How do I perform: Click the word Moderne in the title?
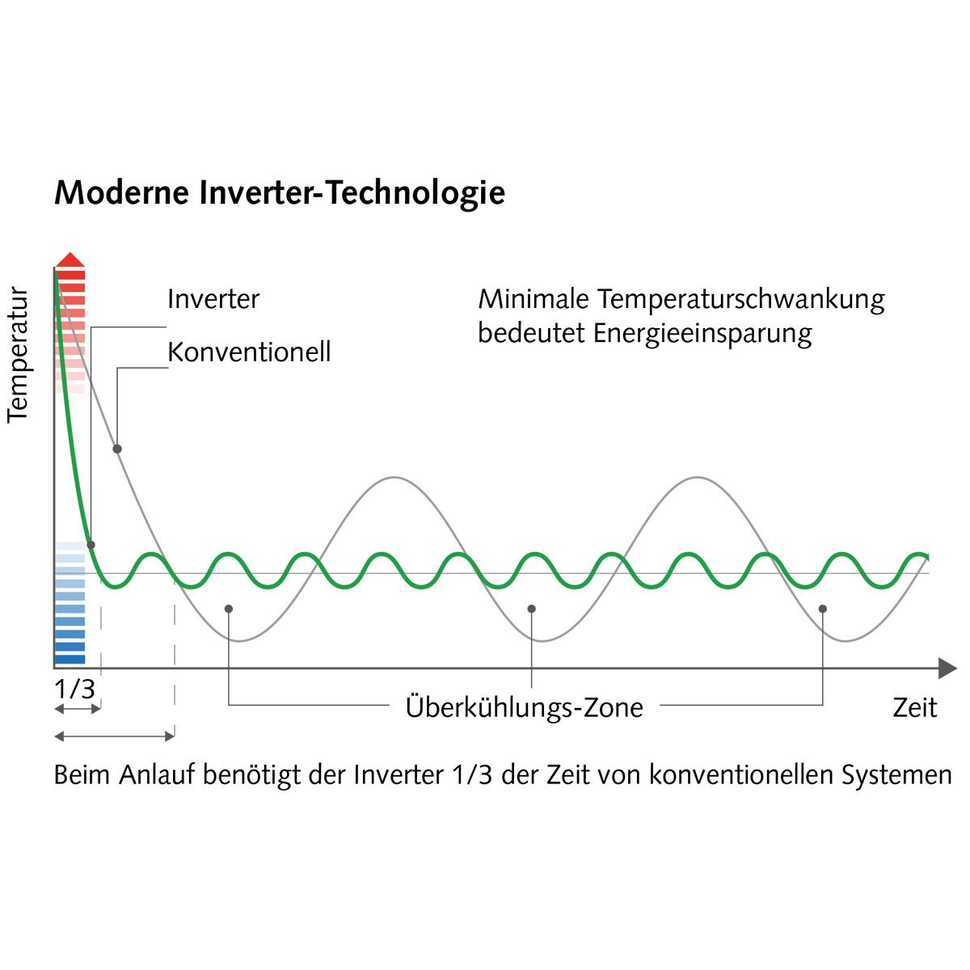pyautogui.click(x=122, y=193)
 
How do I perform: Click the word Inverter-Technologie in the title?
pyautogui.click(x=352, y=194)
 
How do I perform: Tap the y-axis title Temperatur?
pyautogui.click(x=18, y=355)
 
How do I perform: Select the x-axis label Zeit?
pyautogui.click(x=914, y=708)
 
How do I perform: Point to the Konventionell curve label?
pyautogui.click(x=249, y=352)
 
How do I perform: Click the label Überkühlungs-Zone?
pyautogui.click(x=524, y=708)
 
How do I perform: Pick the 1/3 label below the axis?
pyautogui.click(x=74, y=689)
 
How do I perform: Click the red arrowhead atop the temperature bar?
pyautogui.click(x=70, y=259)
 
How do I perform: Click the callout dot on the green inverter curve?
pyautogui.click(x=91, y=545)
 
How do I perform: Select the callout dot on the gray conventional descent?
pyautogui.click(x=117, y=449)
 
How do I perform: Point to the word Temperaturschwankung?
pyautogui.click(x=741, y=300)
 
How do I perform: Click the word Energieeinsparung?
pyautogui.click(x=702, y=333)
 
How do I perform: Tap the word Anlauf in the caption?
pyautogui.click(x=157, y=774)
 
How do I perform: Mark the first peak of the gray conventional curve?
pyautogui.click(x=394, y=477)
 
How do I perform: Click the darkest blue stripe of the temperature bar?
pyautogui.click(x=70, y=660)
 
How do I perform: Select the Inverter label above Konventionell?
pyautogui.click(x=213, y=299)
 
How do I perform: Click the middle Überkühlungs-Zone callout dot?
pyautogui.click(x=532, y=609)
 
